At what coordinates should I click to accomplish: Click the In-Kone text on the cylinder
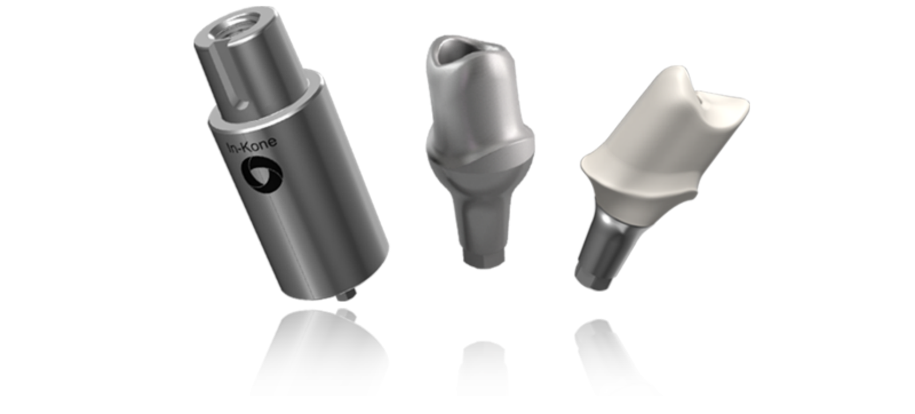click(252, 145)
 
